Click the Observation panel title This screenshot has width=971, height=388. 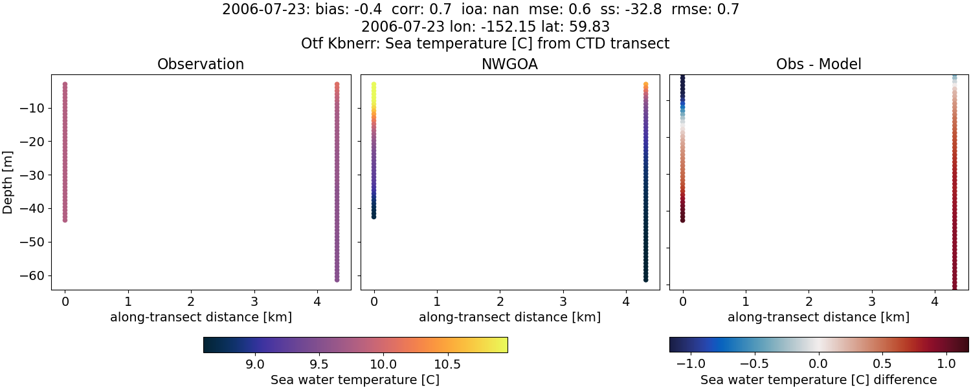pyautogui.click(x=201, y=65)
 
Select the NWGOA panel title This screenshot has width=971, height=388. pyautogui.click(x=509, y=65)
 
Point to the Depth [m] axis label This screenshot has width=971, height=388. pyautogui.click(x=8, y=182)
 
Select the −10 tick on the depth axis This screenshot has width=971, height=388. pyautogui.click(x=31, y=108)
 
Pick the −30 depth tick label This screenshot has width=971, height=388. pyautogui.click(x=31, y=175)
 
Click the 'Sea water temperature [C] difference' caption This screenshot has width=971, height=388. pyautogui.click(x=818, y=380)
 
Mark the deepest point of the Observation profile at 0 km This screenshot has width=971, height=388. pyautogui.click(x=65, y=220)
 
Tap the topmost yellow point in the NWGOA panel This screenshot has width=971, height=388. pyautogui.click(x=374, y=85)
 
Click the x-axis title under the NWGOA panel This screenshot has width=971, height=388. pyautogui.click(x=509, y=318)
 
